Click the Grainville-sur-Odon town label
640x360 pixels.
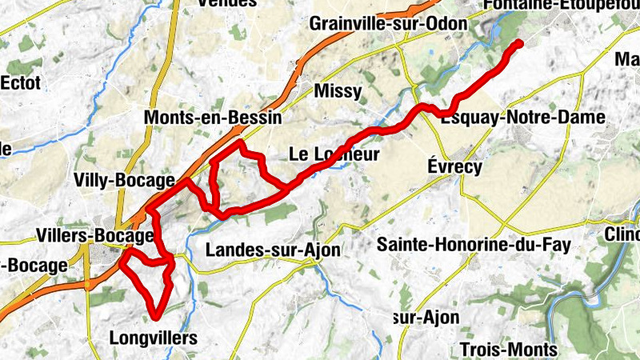click(x=388, y=23)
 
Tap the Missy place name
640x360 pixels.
click(x=338, y=90)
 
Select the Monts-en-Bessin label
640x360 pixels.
click(x=213, y=118)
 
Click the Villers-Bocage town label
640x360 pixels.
click(x=94, y=236)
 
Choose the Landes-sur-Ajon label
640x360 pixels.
click(x=273, y=250)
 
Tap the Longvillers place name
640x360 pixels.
click(x=151, y=338)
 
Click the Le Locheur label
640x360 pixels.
click(x=334, y=154)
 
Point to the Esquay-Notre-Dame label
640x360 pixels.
click(x=523, y=118)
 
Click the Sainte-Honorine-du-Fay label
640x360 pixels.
click(x=474, y=245)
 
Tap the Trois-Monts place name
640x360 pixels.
click(x=509, y=350)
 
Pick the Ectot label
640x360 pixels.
click(x=22, y=82)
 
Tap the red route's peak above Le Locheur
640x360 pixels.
click(x=241, y=143)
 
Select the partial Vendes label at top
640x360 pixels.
click(x=227, y=3)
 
